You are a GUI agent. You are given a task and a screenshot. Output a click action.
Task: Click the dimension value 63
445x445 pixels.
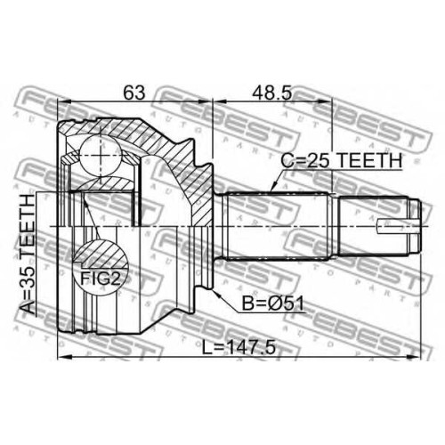134,93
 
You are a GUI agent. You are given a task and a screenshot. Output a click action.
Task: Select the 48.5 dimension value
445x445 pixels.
272,93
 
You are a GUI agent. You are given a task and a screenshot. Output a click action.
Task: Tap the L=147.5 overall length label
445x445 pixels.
239,348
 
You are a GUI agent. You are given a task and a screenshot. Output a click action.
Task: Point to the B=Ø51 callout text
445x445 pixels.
273,303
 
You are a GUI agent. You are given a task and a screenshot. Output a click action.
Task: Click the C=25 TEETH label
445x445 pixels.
341,160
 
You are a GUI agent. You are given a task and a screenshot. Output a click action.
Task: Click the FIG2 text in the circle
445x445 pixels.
101,279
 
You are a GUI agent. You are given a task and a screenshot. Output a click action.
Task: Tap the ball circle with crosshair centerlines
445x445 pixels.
101,156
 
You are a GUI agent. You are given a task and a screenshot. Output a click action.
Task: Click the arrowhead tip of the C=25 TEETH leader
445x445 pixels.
272,191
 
